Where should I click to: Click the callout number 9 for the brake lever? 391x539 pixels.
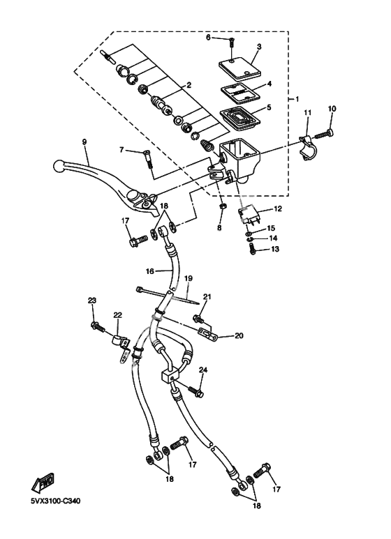click(x=84, y=142)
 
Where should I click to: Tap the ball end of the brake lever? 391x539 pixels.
click(x=60, y=167)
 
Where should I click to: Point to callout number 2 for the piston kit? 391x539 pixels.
click(x=189, y=85)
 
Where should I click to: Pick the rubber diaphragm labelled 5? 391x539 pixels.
click(x=240, y=119)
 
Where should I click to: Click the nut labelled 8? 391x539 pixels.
click(x=222, y=206)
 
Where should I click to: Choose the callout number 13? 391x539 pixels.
click(x=275, y=249)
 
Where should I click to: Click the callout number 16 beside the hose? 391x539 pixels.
click(x=149, y=271)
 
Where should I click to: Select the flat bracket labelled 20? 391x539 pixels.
click(x=207, y=333)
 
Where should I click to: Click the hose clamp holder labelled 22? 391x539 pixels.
click(x=121, y=347)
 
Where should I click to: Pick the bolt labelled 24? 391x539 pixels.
click(x=195, y=390)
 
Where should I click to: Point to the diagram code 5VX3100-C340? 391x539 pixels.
click(x=55, y=501)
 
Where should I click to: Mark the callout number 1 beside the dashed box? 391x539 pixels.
click(x=297, y=98)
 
